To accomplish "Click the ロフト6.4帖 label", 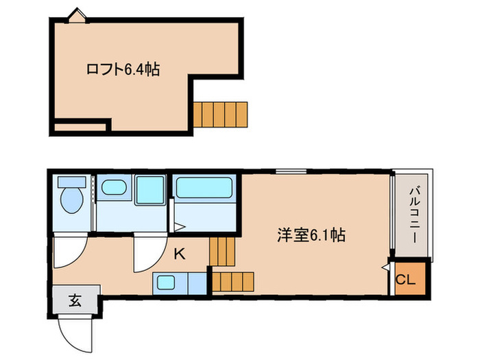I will click(x=123, y=69).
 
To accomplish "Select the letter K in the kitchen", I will click(x=179, y=254).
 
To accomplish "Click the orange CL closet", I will click(x=406, y=279).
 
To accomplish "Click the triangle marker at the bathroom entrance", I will click(x=178, y=227).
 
